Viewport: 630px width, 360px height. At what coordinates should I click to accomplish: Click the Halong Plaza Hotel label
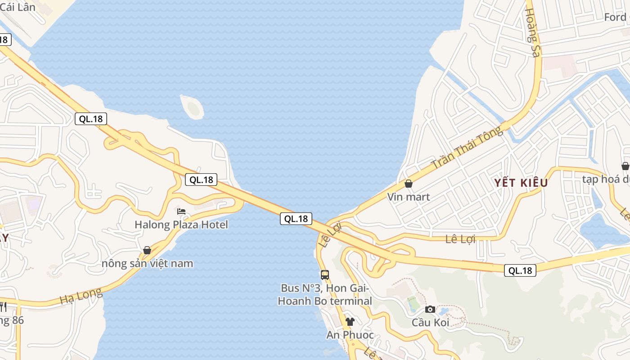(181, 225)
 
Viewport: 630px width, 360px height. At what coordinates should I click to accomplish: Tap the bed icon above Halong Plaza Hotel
(181, 211)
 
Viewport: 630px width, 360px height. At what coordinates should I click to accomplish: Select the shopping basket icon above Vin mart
(409, 184)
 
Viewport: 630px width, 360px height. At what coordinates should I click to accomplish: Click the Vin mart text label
(409, 197)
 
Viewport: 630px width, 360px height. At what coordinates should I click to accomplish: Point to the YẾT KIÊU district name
(521, 183)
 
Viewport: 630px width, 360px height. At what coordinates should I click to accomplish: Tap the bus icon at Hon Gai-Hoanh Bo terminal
(325, 274)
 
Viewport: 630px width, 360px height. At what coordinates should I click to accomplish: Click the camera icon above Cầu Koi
(430, 309)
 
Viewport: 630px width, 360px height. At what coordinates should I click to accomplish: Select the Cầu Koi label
(430, 323)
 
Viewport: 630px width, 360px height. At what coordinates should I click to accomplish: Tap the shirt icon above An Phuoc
(350, 321)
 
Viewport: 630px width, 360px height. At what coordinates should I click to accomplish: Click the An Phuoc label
(350, 335)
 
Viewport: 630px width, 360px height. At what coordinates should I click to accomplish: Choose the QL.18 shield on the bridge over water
(296, 219)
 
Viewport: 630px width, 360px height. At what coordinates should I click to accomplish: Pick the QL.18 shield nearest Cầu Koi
(520, 270)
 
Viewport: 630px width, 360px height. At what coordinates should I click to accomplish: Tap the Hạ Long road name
(81, 296)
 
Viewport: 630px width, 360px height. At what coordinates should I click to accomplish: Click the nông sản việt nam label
(147, 263)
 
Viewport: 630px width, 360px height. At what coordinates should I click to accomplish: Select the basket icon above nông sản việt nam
(147, 250)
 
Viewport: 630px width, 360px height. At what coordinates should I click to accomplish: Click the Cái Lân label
(18, 7)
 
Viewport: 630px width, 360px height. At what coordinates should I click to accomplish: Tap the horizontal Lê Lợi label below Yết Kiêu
(460, 239)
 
